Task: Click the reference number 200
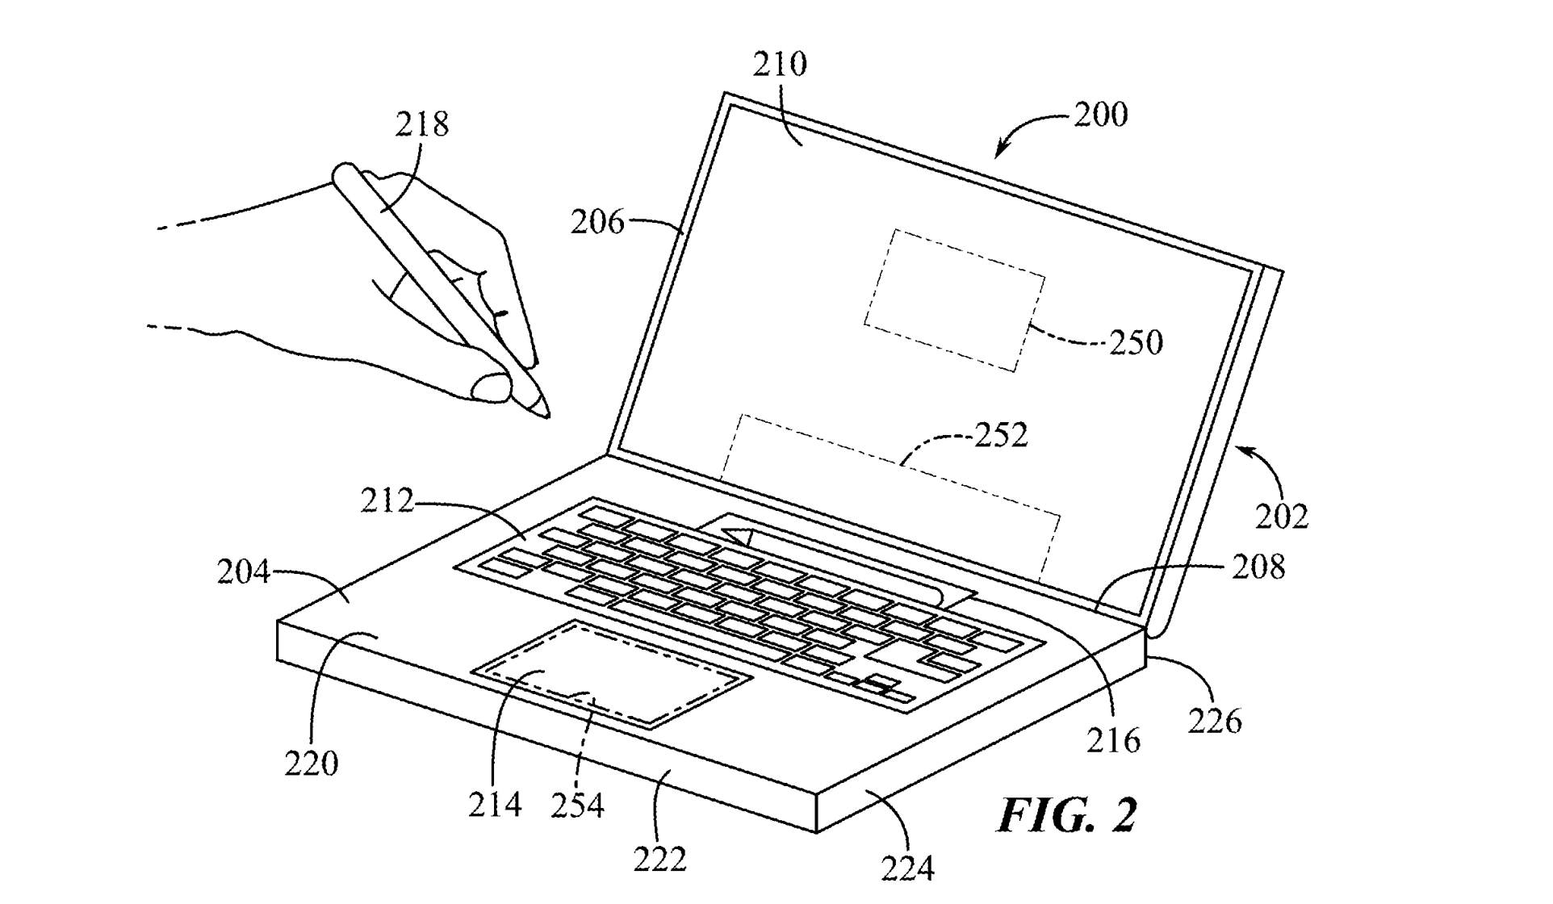1100,115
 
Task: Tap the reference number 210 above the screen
780,64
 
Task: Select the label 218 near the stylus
421,124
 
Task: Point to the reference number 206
597,222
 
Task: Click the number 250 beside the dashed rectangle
1136,342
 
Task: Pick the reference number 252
1001,435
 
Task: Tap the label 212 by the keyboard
387,501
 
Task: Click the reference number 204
243,572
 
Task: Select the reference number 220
312,763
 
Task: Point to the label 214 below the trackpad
495,805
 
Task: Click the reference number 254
577,806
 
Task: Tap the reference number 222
659,860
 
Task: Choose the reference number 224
908,868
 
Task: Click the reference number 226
1215,720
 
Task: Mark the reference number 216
1113,740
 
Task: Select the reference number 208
1258,567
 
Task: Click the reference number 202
1281,516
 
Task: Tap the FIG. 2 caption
1067,815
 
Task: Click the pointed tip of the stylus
547,415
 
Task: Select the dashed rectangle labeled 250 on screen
955,300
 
